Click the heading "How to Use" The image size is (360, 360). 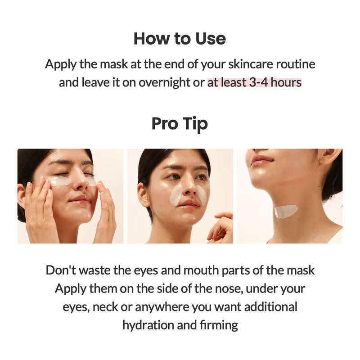(x=180, y=39)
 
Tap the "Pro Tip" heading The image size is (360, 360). (x=180, y=123)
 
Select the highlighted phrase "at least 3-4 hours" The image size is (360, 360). (x=254, y=83)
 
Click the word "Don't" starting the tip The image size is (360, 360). (x=61, y=270)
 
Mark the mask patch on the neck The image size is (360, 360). (x=286, y=211)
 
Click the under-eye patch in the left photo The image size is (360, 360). (x=60, y=181)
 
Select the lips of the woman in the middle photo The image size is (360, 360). (x=189, y=204)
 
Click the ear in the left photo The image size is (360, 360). (x=21, y=194)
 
